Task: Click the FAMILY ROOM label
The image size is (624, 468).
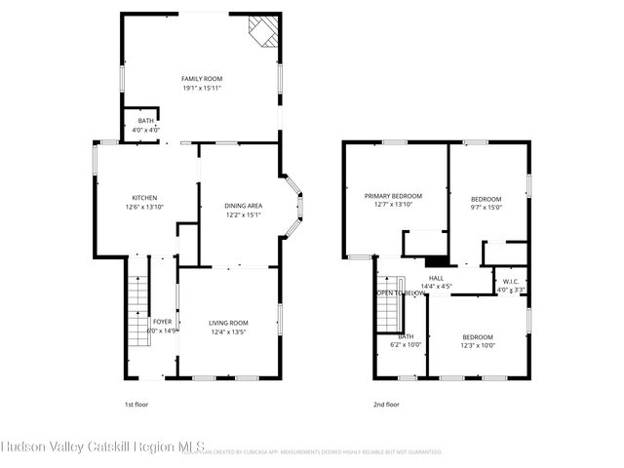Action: click(x=202, y=78)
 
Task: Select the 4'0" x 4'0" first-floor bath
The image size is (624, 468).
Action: click(x=145, y=125)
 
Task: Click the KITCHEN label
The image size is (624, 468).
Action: click(x=145, y=198)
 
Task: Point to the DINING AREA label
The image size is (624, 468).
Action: click(x=243, y=206)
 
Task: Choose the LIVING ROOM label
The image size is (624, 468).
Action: click(x=228, y=323)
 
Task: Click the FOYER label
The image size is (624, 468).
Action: click(x=162, y=322)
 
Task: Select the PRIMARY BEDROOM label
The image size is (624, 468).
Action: click(x=389, y=195)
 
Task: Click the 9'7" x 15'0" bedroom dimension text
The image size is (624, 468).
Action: click(x=486, y=207)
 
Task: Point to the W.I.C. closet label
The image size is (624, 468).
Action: click(x=511, y=281)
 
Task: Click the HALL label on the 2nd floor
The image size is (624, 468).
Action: click(x=435, y=278)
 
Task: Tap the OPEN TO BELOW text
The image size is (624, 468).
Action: click(x=399, y=292)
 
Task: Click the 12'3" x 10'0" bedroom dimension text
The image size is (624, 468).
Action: click(x=478, y=345)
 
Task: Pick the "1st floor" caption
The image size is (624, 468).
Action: click(x=136, y=404)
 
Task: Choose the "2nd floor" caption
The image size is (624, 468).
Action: click(x=386, y=404)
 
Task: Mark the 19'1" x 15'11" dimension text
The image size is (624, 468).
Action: click(x=202, y=88)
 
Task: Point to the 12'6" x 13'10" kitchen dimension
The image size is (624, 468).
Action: click(x=145, y=208)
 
